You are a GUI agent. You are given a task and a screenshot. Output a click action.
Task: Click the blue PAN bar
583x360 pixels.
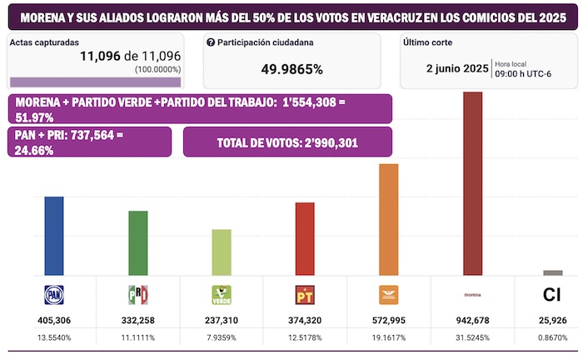[x=54, y=235]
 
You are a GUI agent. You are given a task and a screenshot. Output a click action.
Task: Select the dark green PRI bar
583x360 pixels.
[x=137, y=242]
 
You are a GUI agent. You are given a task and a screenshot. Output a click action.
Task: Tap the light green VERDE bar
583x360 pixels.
[x=222, y=252]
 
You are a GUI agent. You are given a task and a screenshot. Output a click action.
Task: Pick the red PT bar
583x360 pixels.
[x=305, y=238]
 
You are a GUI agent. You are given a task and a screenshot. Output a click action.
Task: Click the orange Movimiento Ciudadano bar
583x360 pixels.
[x=389, y=219]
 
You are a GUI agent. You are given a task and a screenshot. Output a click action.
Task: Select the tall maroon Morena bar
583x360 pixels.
[x=472, y=182]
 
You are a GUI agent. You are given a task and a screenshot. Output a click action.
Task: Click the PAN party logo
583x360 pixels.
[x=54, y=295]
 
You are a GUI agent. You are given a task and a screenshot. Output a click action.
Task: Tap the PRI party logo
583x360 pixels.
[x=137, y=295]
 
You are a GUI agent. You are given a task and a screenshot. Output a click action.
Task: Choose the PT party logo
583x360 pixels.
[x=305, y=295]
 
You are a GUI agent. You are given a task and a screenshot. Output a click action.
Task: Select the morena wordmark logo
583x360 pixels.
[x=472, y=294]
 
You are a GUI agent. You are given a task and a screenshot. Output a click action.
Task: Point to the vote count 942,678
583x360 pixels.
[x=472, y=321]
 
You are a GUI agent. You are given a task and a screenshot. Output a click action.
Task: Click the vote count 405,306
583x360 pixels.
[x=54, y=321]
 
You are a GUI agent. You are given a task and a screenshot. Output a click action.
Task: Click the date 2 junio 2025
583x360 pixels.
[x=456, y=67]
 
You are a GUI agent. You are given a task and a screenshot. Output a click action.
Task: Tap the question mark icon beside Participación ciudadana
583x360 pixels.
[x=211, y=42]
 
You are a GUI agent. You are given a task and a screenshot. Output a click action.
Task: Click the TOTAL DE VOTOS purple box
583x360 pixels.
[x=287, y=142]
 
